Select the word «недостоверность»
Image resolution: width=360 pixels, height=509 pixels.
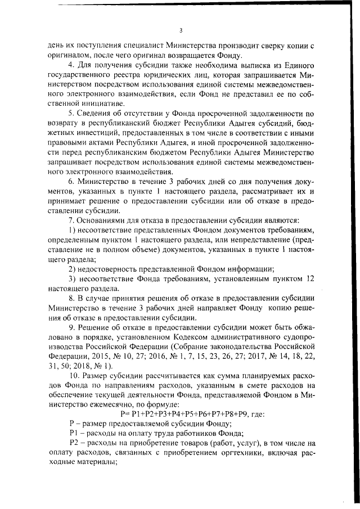(112, 269)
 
